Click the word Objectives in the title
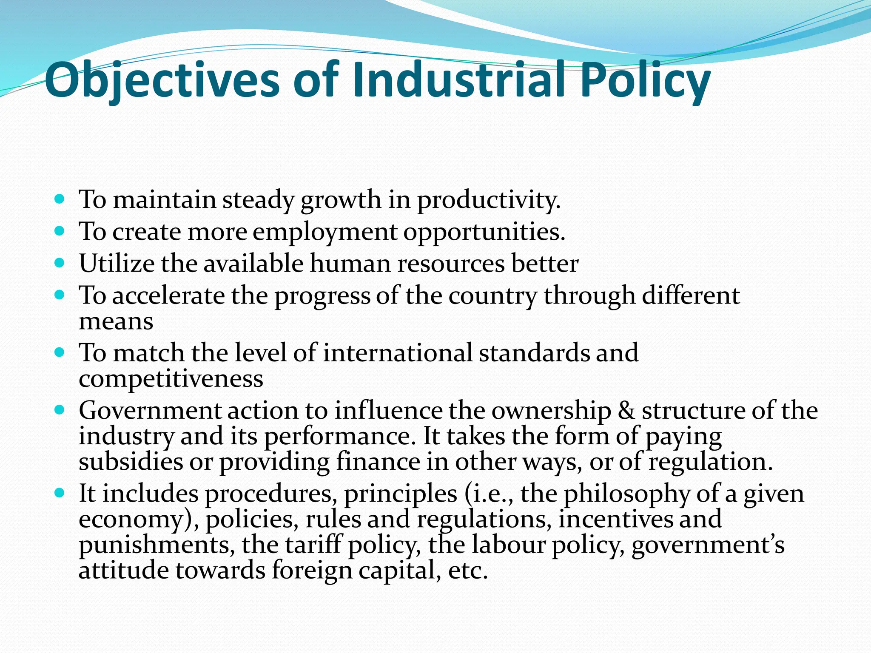(x=162, y=81)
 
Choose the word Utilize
(x=117, y=264)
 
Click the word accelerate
(x=168, y=295)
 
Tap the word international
(x=398, y=353)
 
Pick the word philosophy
(x=627, y=494)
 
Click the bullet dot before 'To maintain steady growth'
(x=60, y=199)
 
